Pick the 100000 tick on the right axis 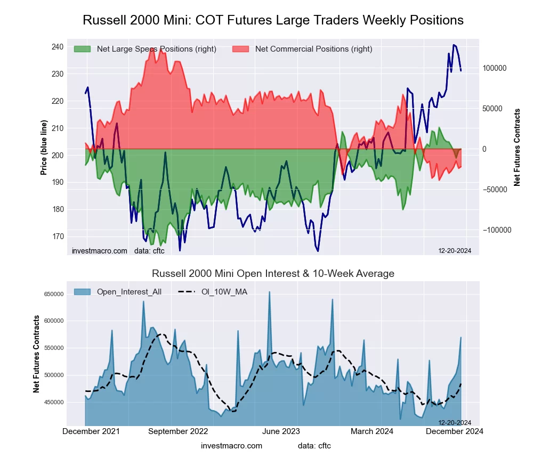pos(494,68)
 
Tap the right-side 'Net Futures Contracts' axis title pos(517,147)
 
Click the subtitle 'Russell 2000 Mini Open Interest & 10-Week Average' pos(273,274)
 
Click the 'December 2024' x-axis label pos(454,431)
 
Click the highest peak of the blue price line pos(454,45)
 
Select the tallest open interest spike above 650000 pos(269,292)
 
